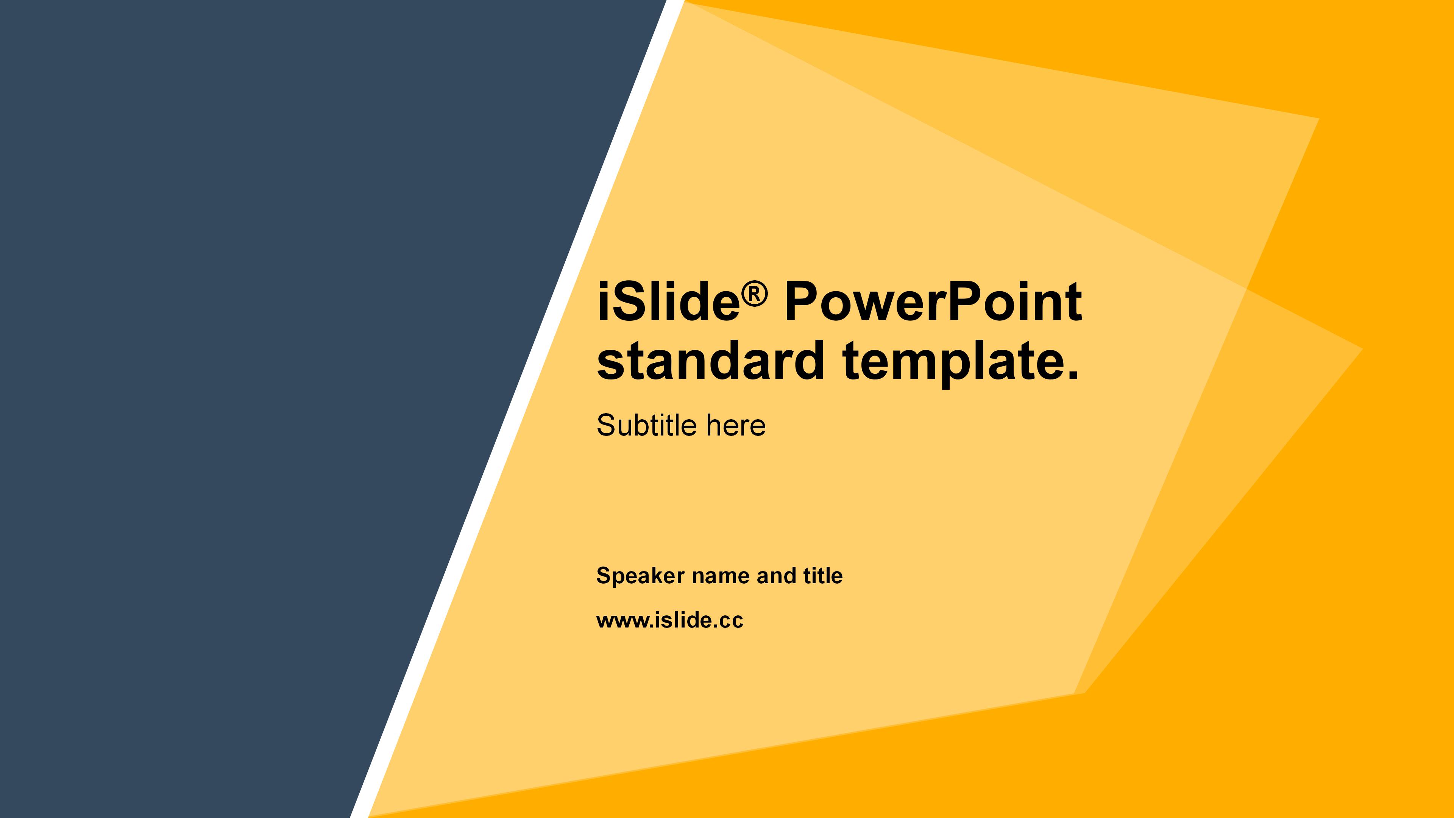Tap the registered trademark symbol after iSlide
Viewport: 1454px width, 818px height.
click(x=755, y=295)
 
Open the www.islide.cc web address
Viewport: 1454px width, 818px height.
click(x=670, y=620)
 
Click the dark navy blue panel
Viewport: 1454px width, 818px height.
click(x=254, y=395)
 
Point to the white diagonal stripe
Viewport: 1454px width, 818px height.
click(x=517, y=409)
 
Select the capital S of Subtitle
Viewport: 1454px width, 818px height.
click(x=606, y=425)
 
